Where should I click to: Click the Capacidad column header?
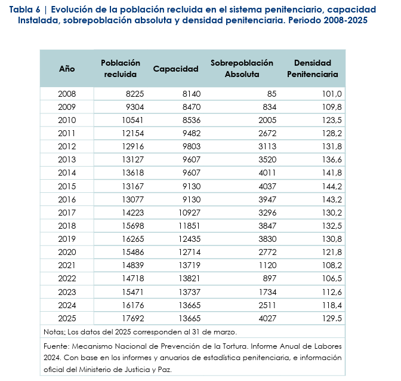point(175,69)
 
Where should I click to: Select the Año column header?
point(67,69)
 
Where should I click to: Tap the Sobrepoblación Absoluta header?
point(242,69)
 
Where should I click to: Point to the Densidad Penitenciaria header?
point(313,69)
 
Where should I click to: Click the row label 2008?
point(67,94)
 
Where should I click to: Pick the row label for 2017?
point(67,213)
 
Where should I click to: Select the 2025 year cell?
point(67,318)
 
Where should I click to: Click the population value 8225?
point(135,94)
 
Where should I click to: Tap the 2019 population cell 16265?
point(133,239)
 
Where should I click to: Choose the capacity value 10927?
point(190,213)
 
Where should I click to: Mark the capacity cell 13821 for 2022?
point(190,278)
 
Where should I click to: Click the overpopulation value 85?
point(272,94)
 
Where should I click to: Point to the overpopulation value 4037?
point(267,186)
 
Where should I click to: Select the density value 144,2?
point(332,186)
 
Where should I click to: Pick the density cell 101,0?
point(332,94)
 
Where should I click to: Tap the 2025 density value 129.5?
point(332,318)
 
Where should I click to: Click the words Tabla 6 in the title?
point(25,10)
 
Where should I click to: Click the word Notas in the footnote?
point(54,332)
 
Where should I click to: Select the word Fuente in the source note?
point(56,346)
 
